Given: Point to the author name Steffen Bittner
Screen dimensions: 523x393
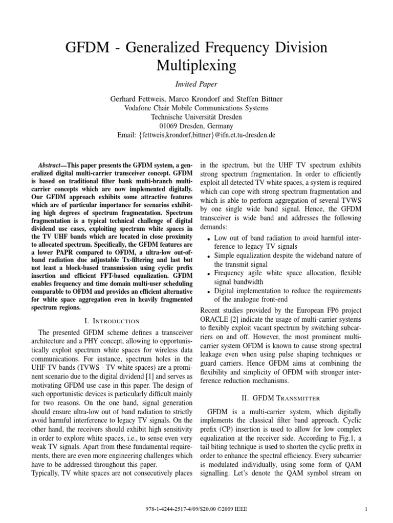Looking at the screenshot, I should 252,98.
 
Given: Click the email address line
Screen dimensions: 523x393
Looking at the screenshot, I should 196,135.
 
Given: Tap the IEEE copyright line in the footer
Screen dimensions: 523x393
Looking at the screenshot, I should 196,509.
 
